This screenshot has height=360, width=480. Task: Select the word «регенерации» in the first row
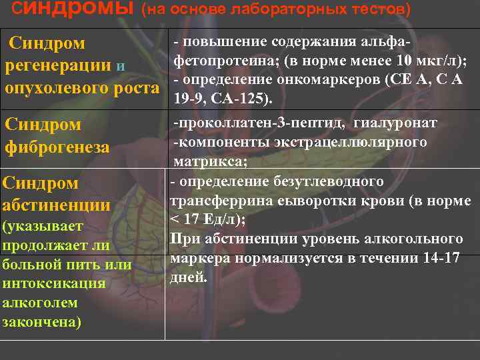58,66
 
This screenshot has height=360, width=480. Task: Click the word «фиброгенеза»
57,147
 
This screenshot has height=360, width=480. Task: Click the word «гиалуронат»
395,123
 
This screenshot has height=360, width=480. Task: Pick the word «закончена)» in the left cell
42,321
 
